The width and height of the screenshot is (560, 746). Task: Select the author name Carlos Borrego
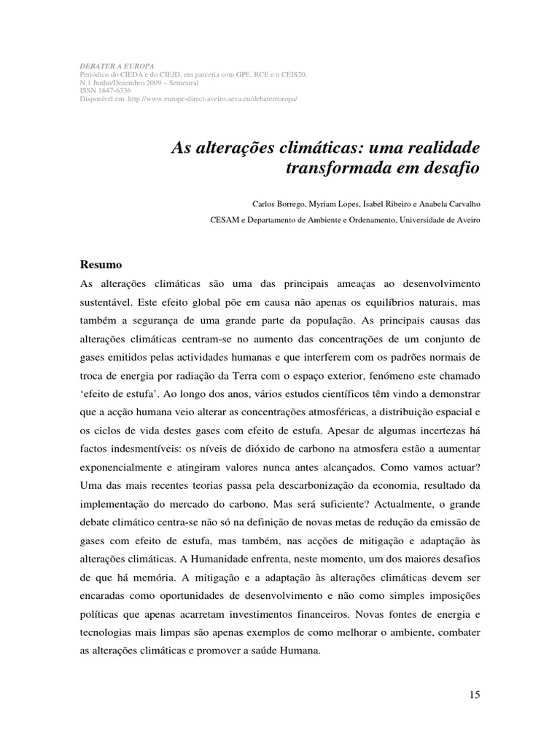[278, 205]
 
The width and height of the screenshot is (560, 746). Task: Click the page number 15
[475, 694]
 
